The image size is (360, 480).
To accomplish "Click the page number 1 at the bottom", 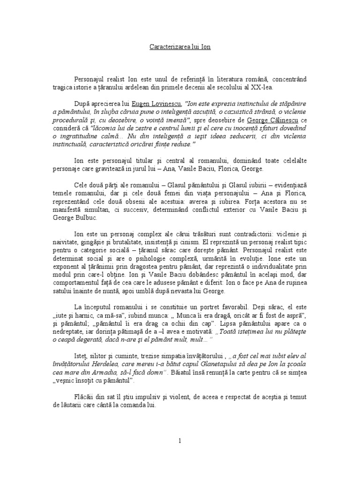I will click(180, 441).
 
